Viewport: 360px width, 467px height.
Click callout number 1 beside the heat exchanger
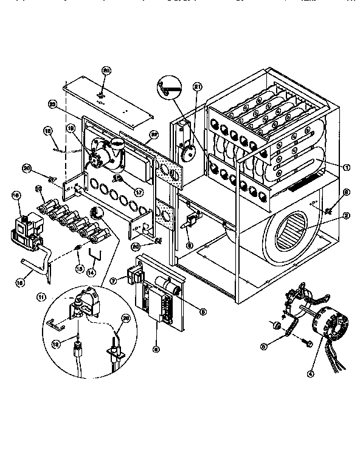(x=347, y=167)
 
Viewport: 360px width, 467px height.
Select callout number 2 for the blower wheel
(x=345, y=215)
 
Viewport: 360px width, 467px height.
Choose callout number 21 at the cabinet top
(x=197, y=87)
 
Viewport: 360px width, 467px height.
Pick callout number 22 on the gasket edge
(x=154, y=134)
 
